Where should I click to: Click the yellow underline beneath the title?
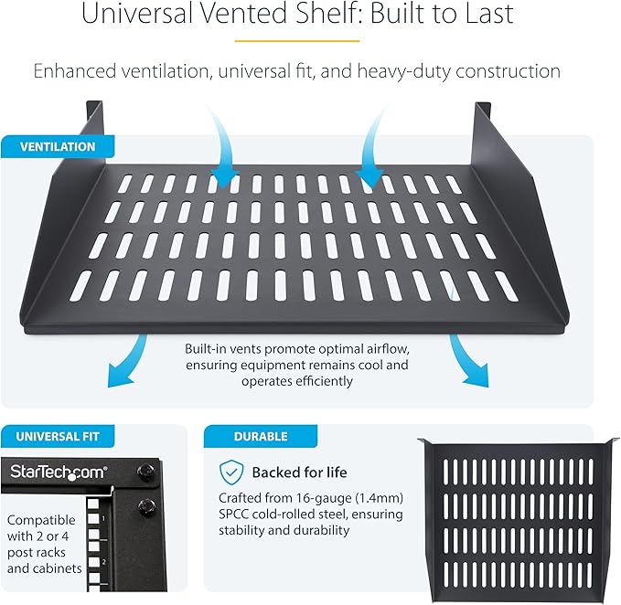(309, 41)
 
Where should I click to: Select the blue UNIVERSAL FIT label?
(57, 437)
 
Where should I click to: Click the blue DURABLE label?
(262, 437)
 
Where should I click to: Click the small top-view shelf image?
(517, 512)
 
